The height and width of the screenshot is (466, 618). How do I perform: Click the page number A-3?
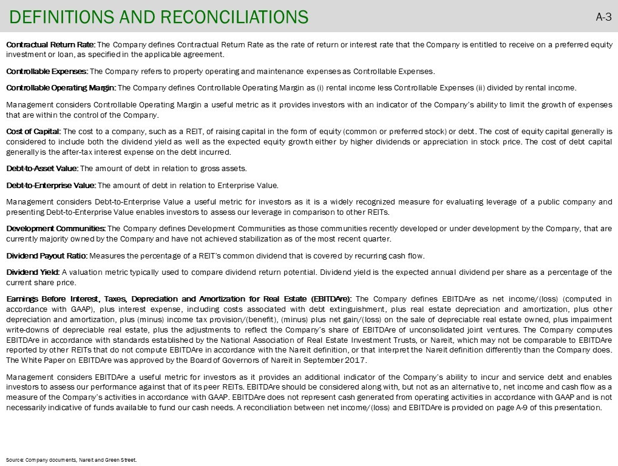pyautogui.click(x=603, y=17)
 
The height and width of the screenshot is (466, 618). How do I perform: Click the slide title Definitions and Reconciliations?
pyautogui.click(x=159, y=16)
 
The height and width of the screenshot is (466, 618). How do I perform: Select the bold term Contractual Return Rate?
pyautogui.click(x=50, y=45)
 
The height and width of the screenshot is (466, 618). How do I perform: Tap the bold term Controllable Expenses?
pyautogui.click(x=47, y=71)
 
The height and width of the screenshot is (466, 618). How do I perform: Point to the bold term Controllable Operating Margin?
pyautogui.click(x=61, y=88)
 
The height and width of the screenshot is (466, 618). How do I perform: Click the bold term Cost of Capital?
pyautogui.click(x=33, y=131)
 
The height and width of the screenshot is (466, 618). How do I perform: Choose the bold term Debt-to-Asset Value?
pyautogui.click(x=42, y=169)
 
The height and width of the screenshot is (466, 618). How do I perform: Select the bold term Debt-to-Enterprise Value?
pyautogui.click(x=51, y=186)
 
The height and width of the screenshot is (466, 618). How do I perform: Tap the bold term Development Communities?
pyautogui.click(x=56, y=228)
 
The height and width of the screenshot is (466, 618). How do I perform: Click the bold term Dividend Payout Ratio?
pyautogui.click(x=47, y=255)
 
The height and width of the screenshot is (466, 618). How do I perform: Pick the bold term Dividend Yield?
pyautogui.click(x=33, y=272)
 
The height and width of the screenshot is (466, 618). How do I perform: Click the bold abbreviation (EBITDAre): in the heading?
pyautogui.click(x=331, y=299)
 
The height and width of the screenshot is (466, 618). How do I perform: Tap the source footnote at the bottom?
pyautogui.click(x=72, y=460)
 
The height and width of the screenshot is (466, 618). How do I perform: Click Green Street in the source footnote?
pyautogui.click(x=123, y=460)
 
